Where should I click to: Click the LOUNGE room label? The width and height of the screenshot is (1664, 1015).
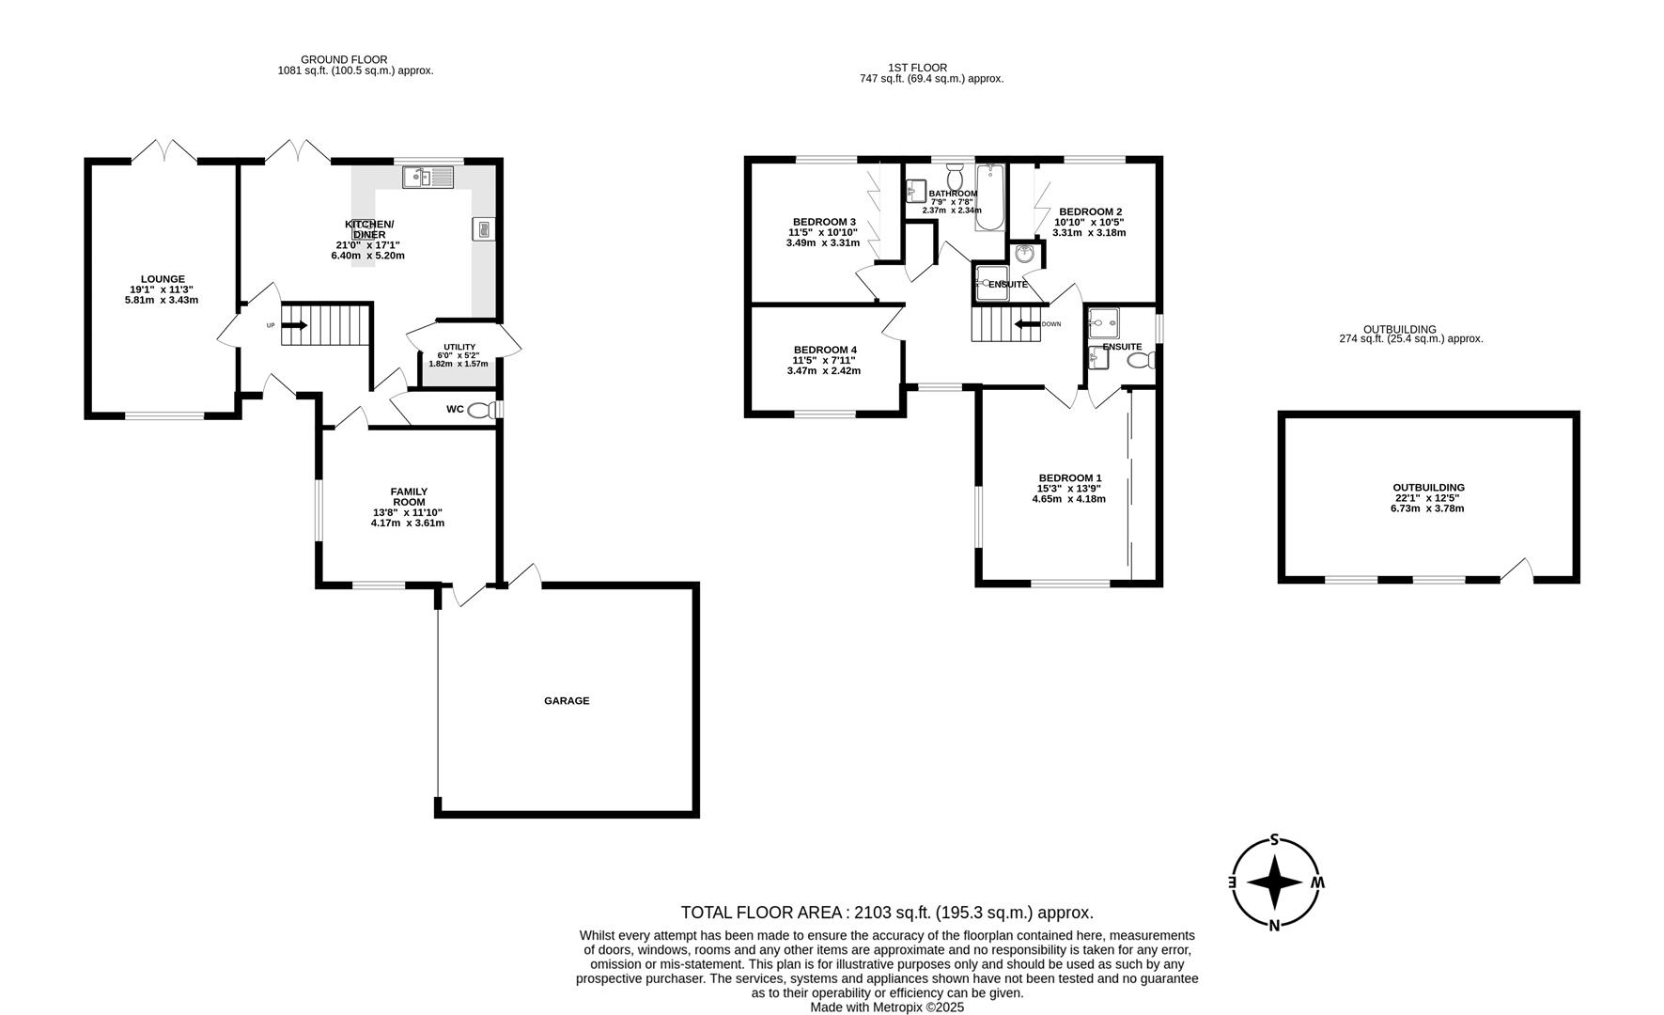(x=163, y=278)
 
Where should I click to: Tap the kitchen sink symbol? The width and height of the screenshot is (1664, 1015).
(x=428, y=177)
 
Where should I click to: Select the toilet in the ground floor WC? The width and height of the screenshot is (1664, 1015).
(x=481, y=410)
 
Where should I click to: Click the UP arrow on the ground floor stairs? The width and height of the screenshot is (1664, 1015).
(x=293, y=325)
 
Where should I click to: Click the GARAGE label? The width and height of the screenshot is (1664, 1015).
(x=567, y=700)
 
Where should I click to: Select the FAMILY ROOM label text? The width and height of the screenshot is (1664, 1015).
(x=409, y=496)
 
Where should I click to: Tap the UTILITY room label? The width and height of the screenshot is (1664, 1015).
(x=459, y=346)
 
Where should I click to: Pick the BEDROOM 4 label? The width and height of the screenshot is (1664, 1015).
(x=824, y=350)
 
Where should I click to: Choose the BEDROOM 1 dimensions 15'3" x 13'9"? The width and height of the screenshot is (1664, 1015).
(x=1068, y=489)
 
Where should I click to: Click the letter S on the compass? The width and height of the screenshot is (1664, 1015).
(x=1275, y=839)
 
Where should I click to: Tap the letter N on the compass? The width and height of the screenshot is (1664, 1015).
(x=1275, y=926)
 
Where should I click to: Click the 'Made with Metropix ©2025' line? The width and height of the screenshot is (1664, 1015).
(x=887, y=1007)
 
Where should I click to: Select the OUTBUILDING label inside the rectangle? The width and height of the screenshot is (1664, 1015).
(x=1428, y=487)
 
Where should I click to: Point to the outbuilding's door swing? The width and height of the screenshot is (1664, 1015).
(x=1517, y=570)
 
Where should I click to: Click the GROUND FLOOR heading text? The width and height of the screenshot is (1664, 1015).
(x=344, y=59)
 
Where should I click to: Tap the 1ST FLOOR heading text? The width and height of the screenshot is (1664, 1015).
(x=917, y=68)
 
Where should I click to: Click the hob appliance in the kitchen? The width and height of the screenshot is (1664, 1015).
(x=483, y=228)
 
